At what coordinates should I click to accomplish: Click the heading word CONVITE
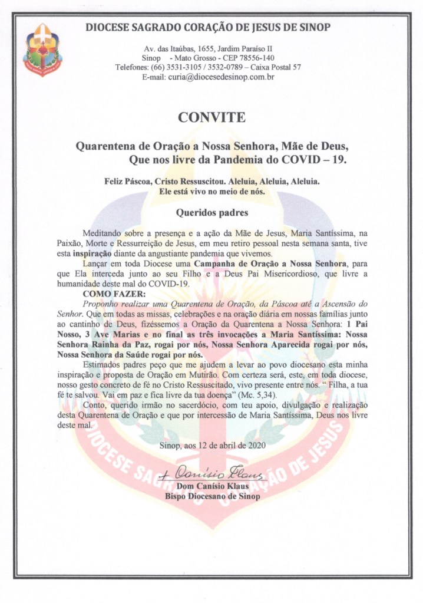coord(211,117)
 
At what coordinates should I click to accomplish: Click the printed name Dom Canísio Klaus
coord(212,486)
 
